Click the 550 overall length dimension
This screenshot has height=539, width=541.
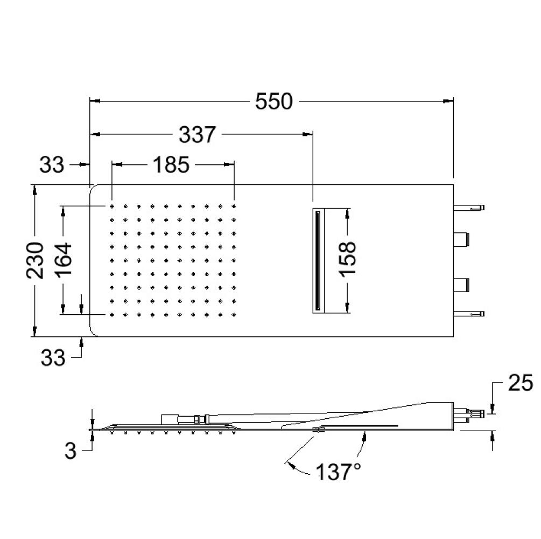(x=273, y=101)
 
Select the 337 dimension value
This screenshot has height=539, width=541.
(x=198, y=134)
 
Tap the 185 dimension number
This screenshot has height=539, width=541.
(x=171, y=164)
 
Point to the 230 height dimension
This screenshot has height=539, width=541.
(x=35, y=260)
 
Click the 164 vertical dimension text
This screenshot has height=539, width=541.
(x=64, y=260)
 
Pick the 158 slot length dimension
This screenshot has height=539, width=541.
(x=347, y=259)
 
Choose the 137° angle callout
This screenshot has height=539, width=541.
(x=338, y=472)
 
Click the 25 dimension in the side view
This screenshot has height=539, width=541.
(x=521, y=384)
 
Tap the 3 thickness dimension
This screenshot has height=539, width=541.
(x=71, y=451)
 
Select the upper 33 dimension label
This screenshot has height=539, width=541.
(x=52, y=165)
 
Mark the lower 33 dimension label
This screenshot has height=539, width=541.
(x=53, y=357)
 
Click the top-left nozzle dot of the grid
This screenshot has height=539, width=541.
(x=112, y=206)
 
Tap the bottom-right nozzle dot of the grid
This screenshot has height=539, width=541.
(x=234, y=315)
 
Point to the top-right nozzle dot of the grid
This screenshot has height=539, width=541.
(x=234, y=206)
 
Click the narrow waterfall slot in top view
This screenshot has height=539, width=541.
(x=318, y=260)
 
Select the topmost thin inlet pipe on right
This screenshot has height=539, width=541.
(x=469, y=208)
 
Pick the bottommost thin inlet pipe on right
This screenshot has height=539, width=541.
(x=469, y=314)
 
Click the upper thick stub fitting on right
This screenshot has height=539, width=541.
(x=461, y=239)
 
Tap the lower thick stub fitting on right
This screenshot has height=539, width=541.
(x=461, y=285)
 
